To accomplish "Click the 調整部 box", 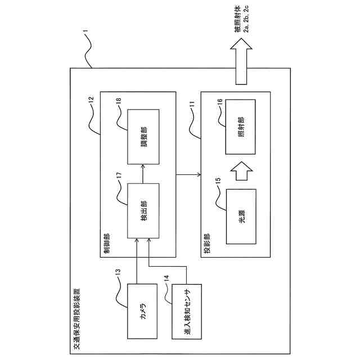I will click(143, 137).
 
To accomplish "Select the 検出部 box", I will click(143, 210).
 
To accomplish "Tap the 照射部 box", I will click(241, 127).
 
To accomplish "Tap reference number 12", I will click(92, 103).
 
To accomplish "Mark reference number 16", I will click(219, 103).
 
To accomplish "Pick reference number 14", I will click(166, 277).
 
